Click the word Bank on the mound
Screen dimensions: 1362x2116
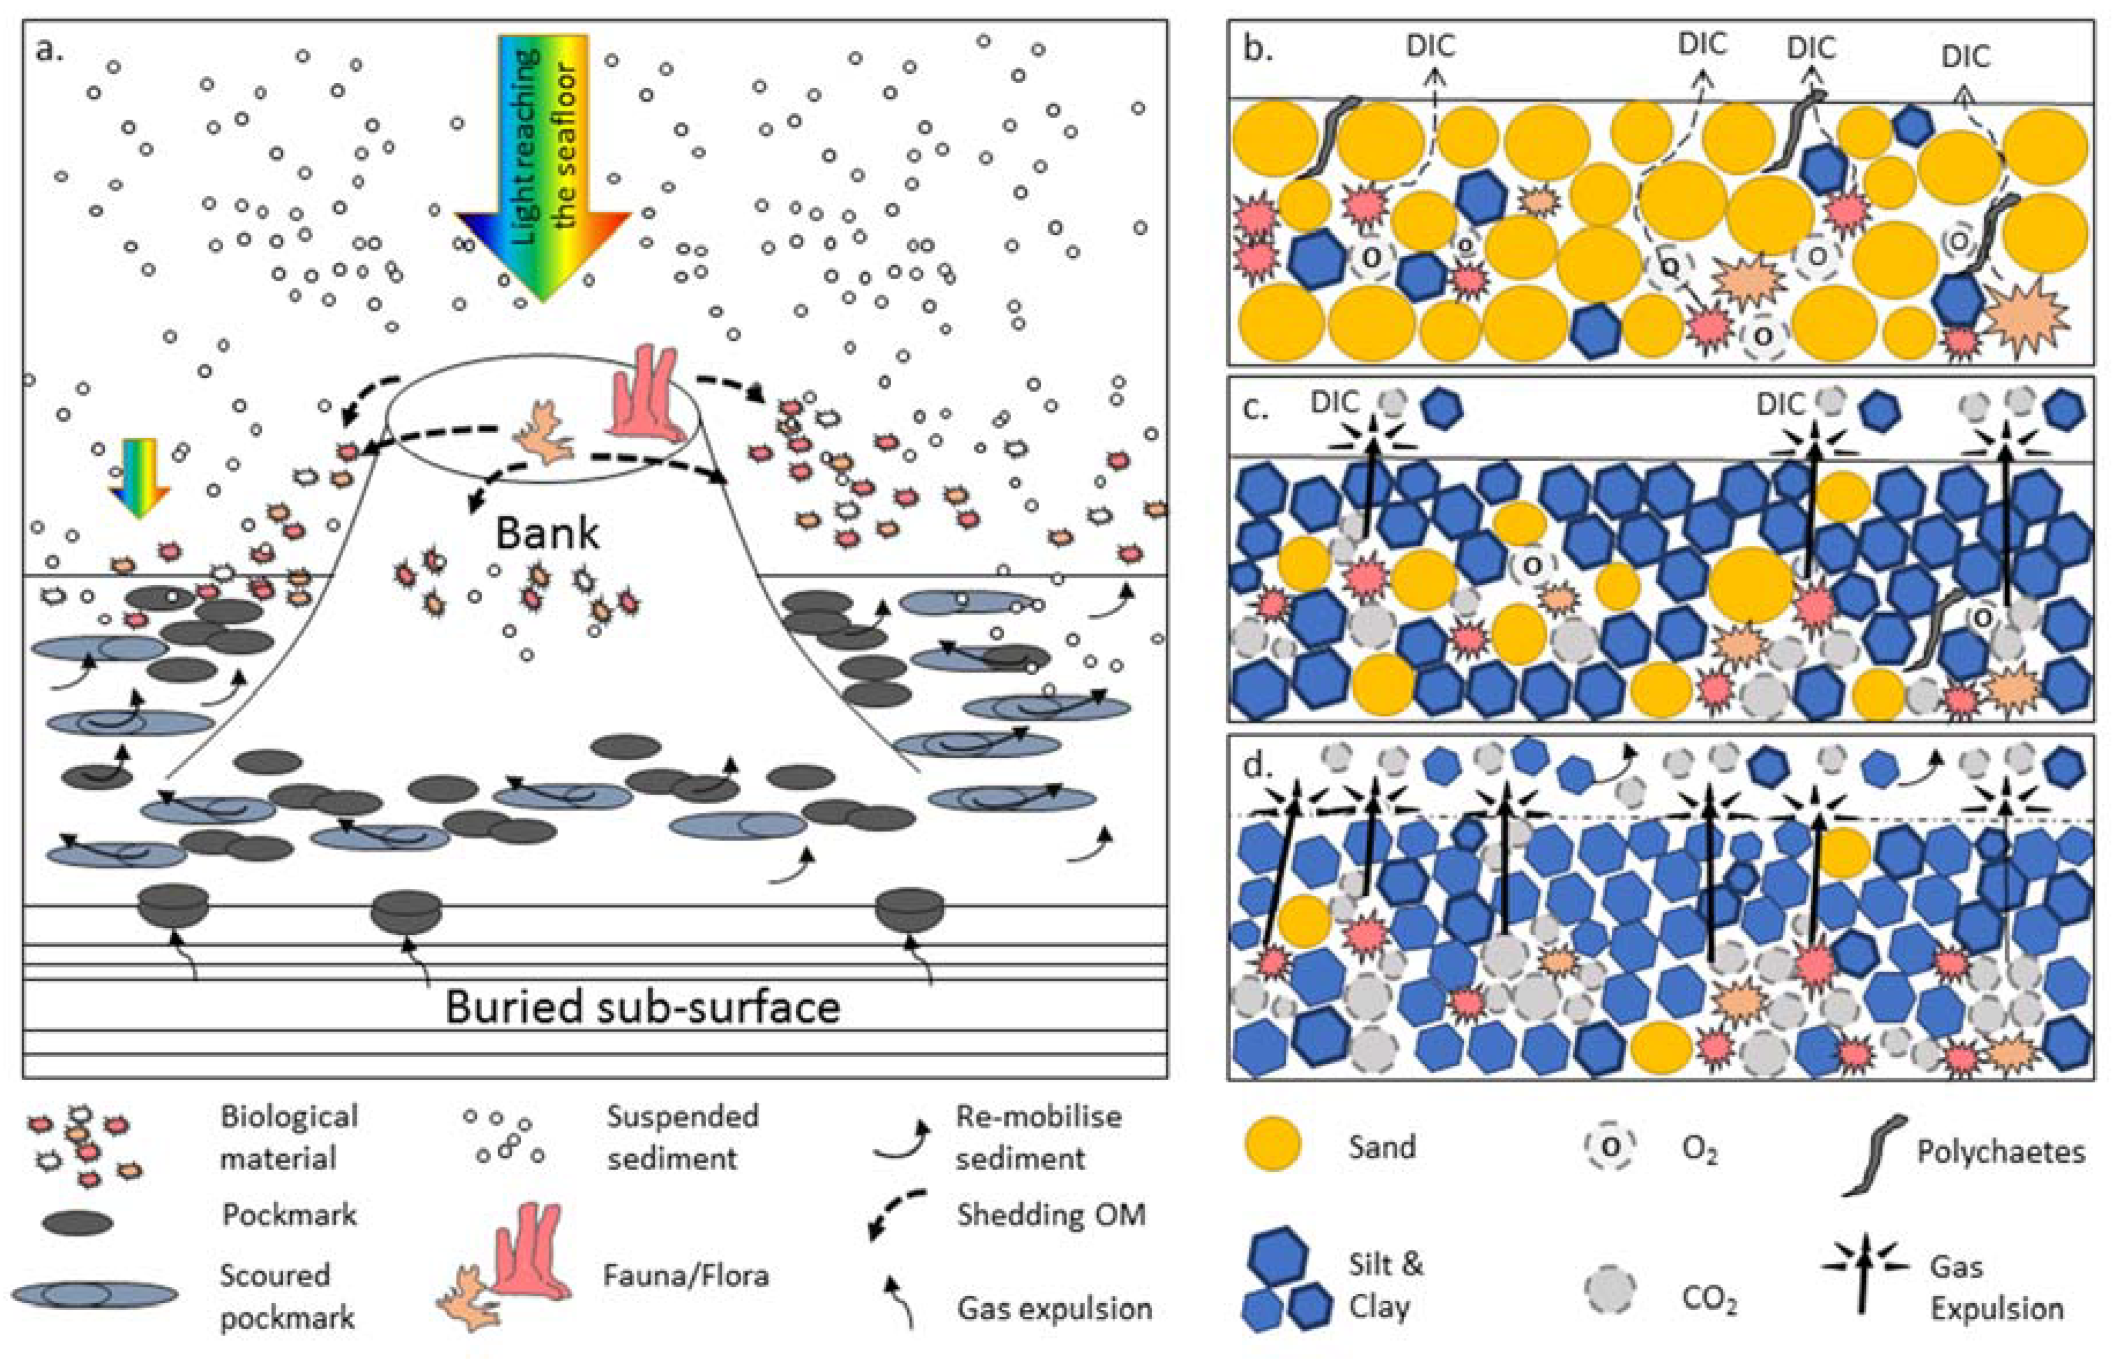tap(547, 533)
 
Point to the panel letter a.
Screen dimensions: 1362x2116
tap(50, 50)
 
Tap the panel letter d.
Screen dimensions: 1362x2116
tap(1257, 766)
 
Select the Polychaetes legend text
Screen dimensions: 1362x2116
tap(2001, 1152)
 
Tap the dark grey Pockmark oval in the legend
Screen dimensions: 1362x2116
tap(79, 1224)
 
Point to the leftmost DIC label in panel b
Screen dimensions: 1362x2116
tap(1431, 45)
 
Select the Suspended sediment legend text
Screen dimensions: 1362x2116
tap(681, 1137)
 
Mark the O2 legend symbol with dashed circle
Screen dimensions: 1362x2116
tap(1610, 1147)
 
